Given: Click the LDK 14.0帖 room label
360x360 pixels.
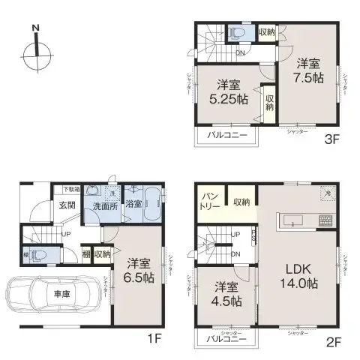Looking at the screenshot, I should coord(299,277).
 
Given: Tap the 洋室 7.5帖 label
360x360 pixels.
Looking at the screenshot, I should coord(309,73).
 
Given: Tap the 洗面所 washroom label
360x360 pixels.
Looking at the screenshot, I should coord(103,205).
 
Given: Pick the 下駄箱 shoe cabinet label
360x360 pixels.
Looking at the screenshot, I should coord(71,189).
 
